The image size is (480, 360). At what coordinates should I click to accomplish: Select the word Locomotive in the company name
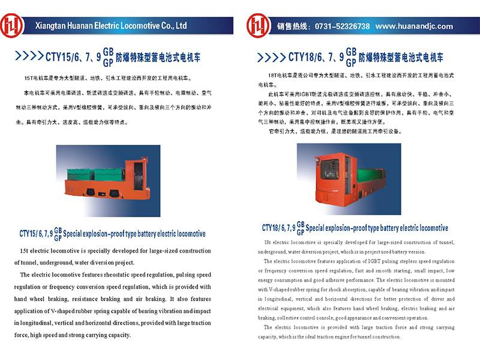tap(138, 26)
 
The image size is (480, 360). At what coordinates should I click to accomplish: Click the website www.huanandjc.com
tap(414, 26)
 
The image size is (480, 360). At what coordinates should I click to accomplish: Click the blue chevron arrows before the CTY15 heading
tap(28, 57)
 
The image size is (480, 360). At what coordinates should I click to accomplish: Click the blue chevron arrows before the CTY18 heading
tap(272, 57)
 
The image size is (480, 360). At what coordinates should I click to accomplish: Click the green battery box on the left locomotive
tap(105, 174)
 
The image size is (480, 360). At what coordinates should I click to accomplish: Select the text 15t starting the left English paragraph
tap(25, 250)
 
